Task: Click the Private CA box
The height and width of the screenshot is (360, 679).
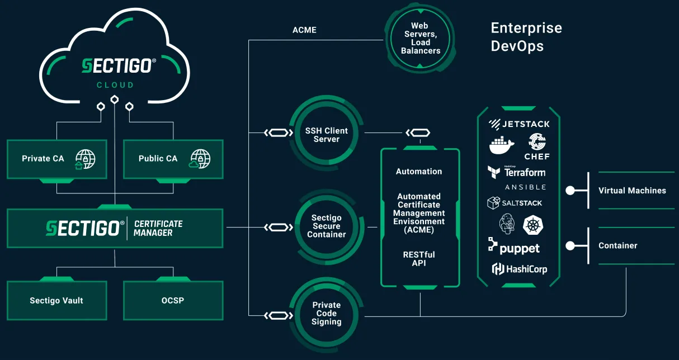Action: pos(56,159)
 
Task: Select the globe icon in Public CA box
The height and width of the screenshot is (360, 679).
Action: pos(200,159)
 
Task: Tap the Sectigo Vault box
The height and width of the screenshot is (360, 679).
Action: pos(56,301)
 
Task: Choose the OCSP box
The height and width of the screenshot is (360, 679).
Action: pos(173,301)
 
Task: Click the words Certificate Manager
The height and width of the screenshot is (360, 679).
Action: pos(158,228)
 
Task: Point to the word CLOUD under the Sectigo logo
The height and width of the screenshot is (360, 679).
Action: pos(115,86)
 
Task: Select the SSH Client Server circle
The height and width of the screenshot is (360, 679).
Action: pos(326,135)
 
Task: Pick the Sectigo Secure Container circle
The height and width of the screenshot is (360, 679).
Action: pos(326,226)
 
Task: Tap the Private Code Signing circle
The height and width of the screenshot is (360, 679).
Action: pos(326,314)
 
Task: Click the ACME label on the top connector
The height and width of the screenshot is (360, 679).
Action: pos(304,30)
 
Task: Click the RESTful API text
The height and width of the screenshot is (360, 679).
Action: pos(419,259)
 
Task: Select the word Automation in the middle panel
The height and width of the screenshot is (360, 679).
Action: pos(419,172)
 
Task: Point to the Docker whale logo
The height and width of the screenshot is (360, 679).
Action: pos(502,145)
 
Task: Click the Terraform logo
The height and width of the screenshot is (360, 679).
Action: pos(516,172)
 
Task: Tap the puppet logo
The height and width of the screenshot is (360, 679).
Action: pos(514,248)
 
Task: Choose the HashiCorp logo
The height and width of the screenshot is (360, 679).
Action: pos(519,269)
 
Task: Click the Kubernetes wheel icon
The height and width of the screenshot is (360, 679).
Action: pos(532,225)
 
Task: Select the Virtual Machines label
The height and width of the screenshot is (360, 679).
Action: pos(632,191)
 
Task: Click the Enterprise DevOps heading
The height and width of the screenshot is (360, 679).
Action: pos(526,37)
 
